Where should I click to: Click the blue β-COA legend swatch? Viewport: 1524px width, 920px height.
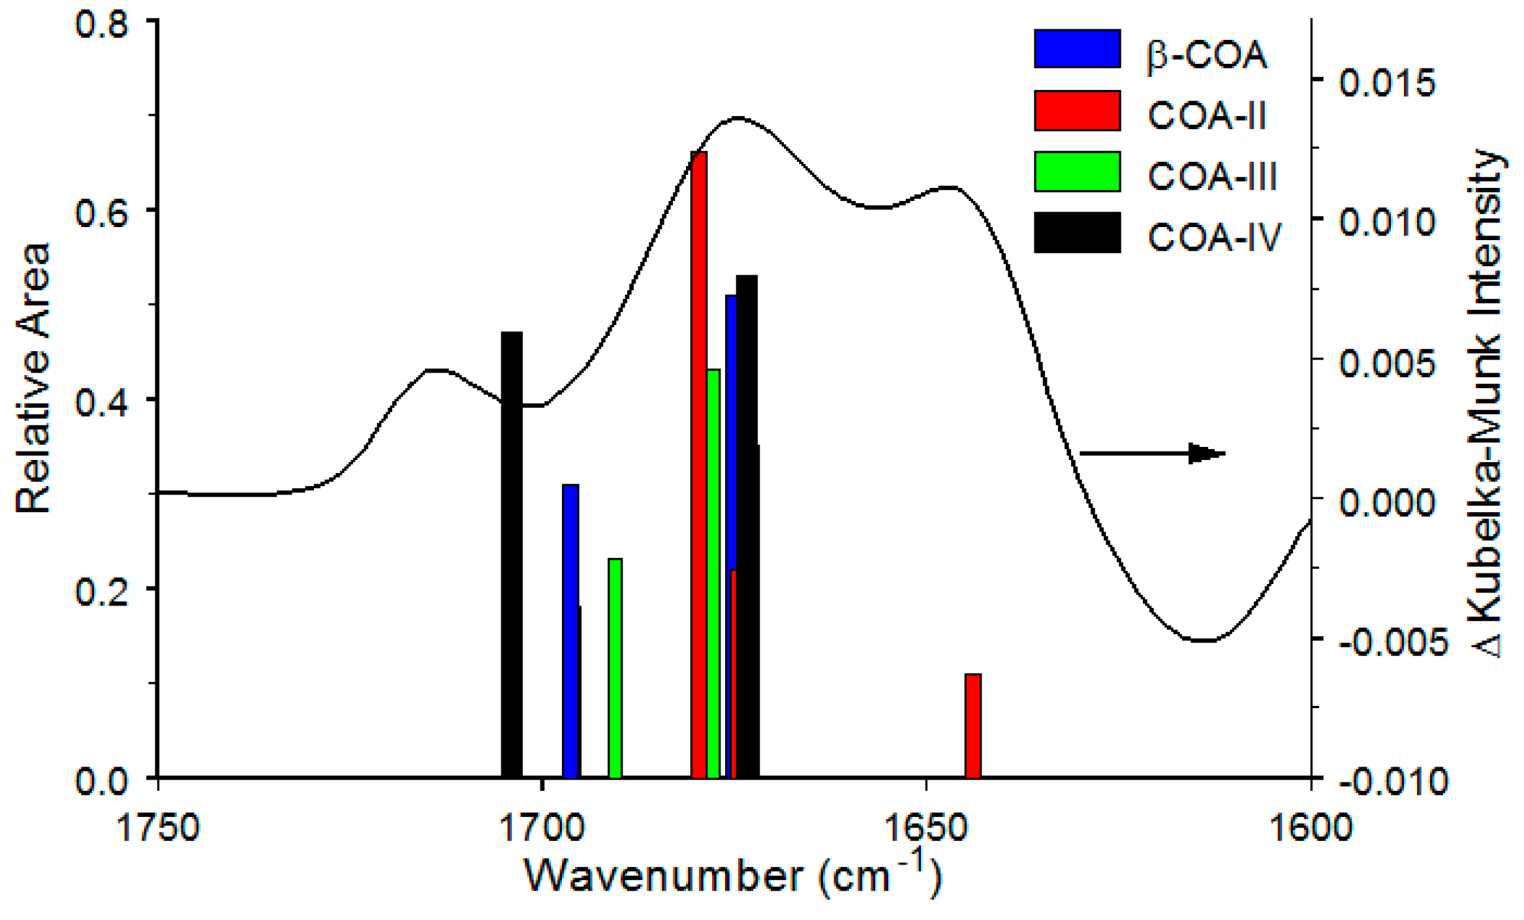click(x=1077, y=48)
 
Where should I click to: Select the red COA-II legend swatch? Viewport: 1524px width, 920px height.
click(x=1077, y=110)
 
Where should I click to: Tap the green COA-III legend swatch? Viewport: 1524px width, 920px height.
click(x=1077, y=171)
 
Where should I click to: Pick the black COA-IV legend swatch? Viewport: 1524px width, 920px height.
click(x=1077, y=232)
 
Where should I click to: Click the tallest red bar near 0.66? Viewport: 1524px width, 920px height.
click(x=698, y=457)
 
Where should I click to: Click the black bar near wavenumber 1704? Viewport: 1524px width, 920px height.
click(x=512, y=555)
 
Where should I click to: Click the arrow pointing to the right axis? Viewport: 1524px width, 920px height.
click(x=1152, y=453)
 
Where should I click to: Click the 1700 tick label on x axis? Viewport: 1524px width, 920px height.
click(x=541, y=827)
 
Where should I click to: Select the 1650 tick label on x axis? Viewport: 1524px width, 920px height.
click(x=925, y=827)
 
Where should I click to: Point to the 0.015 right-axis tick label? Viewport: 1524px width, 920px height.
click(x=1387, y=82)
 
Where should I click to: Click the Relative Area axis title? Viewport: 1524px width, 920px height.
click(x=33, y=378)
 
